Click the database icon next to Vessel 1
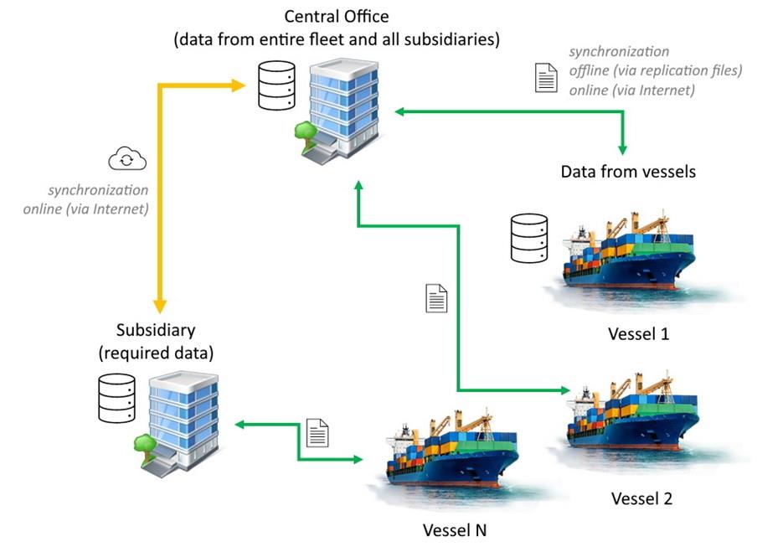(529, 238)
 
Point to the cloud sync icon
(127, 159)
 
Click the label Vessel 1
(638, 333)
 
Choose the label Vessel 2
(641, 498)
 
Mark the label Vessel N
(456, 530)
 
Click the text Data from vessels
(628, 173)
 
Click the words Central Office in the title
(336, 16)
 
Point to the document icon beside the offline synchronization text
(546, 77)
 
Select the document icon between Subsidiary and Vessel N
(317, 431)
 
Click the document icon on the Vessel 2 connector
(436, 298)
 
